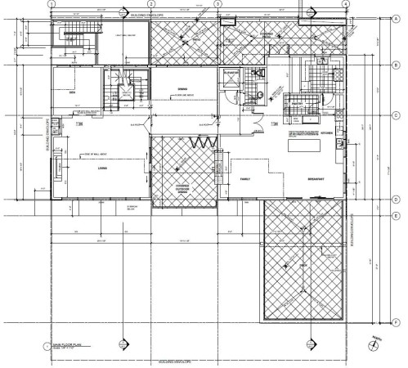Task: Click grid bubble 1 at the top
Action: [52, 3]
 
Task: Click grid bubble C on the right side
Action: [396, 115]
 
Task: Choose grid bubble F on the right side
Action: [396, 321]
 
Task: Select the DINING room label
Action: [184, 89]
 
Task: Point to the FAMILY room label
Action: [244, 178]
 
